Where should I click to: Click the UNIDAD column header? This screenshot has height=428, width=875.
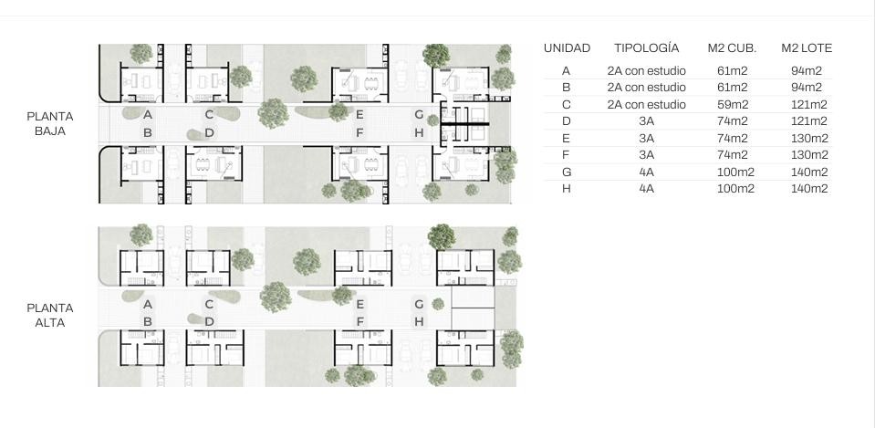click(567, 48)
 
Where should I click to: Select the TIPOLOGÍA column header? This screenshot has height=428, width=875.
click(647, 47)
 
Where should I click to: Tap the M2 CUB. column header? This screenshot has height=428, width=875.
click(732, 48)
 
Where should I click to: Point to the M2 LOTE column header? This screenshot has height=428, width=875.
click(807, 48)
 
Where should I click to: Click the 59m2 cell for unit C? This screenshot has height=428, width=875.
click(732, 104)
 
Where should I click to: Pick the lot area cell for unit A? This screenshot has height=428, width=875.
click(807, 71)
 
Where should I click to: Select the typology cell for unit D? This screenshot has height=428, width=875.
click(647, 121)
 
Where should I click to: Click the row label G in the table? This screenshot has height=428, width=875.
click(567, 172)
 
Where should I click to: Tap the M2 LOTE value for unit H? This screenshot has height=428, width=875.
click(809, 189)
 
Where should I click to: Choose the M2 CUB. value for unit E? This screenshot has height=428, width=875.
click(732, 138)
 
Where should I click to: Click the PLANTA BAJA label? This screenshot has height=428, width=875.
click(49, 123)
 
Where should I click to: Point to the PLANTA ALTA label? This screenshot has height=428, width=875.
click(49, 315)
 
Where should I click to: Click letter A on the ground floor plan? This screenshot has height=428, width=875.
click(147, 115)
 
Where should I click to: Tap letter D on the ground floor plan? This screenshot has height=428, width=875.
click(209, 133)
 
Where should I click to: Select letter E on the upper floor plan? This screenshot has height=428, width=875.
click(359, 304)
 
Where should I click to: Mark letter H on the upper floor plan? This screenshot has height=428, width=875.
click(419, 321)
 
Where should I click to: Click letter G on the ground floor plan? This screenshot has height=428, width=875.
click(419, 115)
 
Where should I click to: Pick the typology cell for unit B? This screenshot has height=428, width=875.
click(646, 88)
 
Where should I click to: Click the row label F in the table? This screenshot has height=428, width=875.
click(567, 154)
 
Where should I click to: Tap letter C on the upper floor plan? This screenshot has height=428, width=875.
click(209, 304)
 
